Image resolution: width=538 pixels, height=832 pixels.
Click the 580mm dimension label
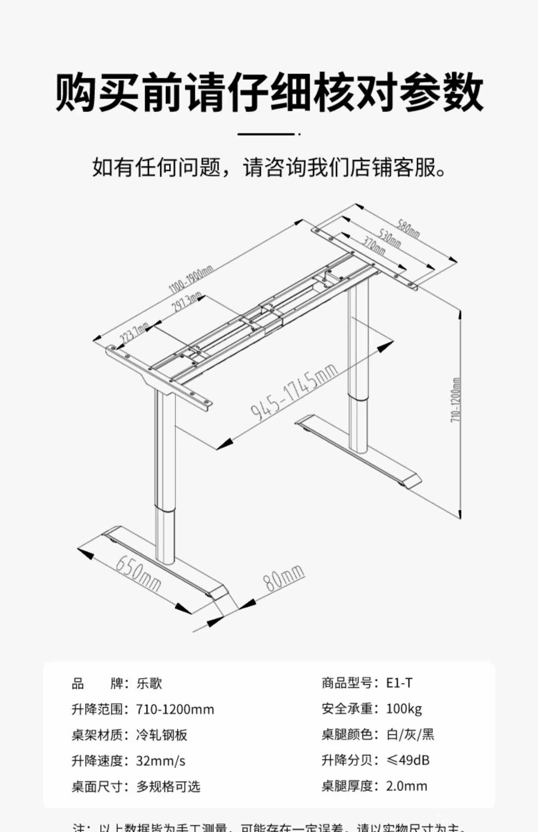[408, 229]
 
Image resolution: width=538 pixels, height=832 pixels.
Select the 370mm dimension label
[374, 246]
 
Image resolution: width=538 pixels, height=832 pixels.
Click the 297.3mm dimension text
[186, 302]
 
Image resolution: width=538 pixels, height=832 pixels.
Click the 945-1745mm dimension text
[294, 391]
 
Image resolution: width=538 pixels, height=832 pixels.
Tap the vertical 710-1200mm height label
[455, 400]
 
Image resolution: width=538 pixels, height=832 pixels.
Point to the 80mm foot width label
[284, 578]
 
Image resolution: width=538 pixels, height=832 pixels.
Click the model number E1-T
[399, 683]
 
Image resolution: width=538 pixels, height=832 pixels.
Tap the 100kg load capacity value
[404, 709]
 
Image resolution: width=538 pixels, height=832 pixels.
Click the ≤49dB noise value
[408, 760]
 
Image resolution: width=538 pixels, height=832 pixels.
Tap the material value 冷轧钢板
[162, 735]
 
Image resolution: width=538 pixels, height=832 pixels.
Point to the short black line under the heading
[266, 134]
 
